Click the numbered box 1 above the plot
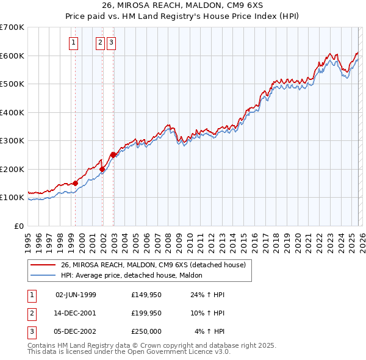74,43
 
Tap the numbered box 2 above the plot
100,43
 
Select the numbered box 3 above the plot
112,43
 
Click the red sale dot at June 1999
75,183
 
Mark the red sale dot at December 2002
113,154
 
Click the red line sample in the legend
43,265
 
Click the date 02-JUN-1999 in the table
76,294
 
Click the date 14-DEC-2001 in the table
76,313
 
